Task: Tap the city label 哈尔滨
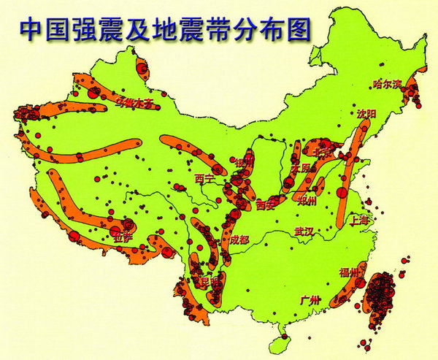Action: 388,84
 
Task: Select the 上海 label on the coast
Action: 361,218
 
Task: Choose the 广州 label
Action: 310,299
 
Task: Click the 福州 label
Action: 349,272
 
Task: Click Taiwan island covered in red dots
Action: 382,299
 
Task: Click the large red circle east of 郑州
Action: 341,193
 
